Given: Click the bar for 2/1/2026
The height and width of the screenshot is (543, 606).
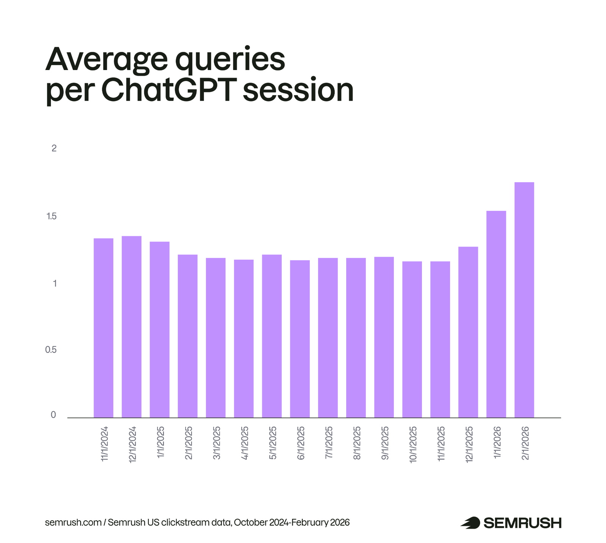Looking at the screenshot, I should coord(524,300).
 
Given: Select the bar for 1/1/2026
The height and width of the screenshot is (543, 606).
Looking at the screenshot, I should coord(496,314).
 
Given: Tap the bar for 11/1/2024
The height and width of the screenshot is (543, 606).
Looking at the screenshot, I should coord(103,328).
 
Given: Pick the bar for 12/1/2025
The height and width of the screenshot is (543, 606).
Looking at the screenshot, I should coord(468,332).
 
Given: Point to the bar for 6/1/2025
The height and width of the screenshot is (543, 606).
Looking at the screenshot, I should coord(300,339).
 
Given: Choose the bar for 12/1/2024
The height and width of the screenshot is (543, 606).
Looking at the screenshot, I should coord(131,327).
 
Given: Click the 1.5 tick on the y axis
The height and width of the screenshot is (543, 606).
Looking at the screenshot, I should coord(52,216).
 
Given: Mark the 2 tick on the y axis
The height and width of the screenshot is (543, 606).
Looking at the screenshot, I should coord(54,148).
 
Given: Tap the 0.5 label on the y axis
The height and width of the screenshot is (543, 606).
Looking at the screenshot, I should coord(51,350).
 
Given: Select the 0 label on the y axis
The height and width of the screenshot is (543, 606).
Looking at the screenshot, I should coord(53,415).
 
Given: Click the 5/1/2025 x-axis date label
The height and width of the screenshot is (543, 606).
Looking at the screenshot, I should coord(273,443).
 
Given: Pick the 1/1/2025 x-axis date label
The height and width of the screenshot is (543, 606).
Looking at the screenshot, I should coord(161,443).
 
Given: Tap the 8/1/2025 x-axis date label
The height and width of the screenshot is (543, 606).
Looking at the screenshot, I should coord(357,443).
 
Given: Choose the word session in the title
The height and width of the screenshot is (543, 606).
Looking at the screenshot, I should coord(298,90).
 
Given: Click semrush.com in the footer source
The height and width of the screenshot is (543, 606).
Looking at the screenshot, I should coord(73,523).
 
